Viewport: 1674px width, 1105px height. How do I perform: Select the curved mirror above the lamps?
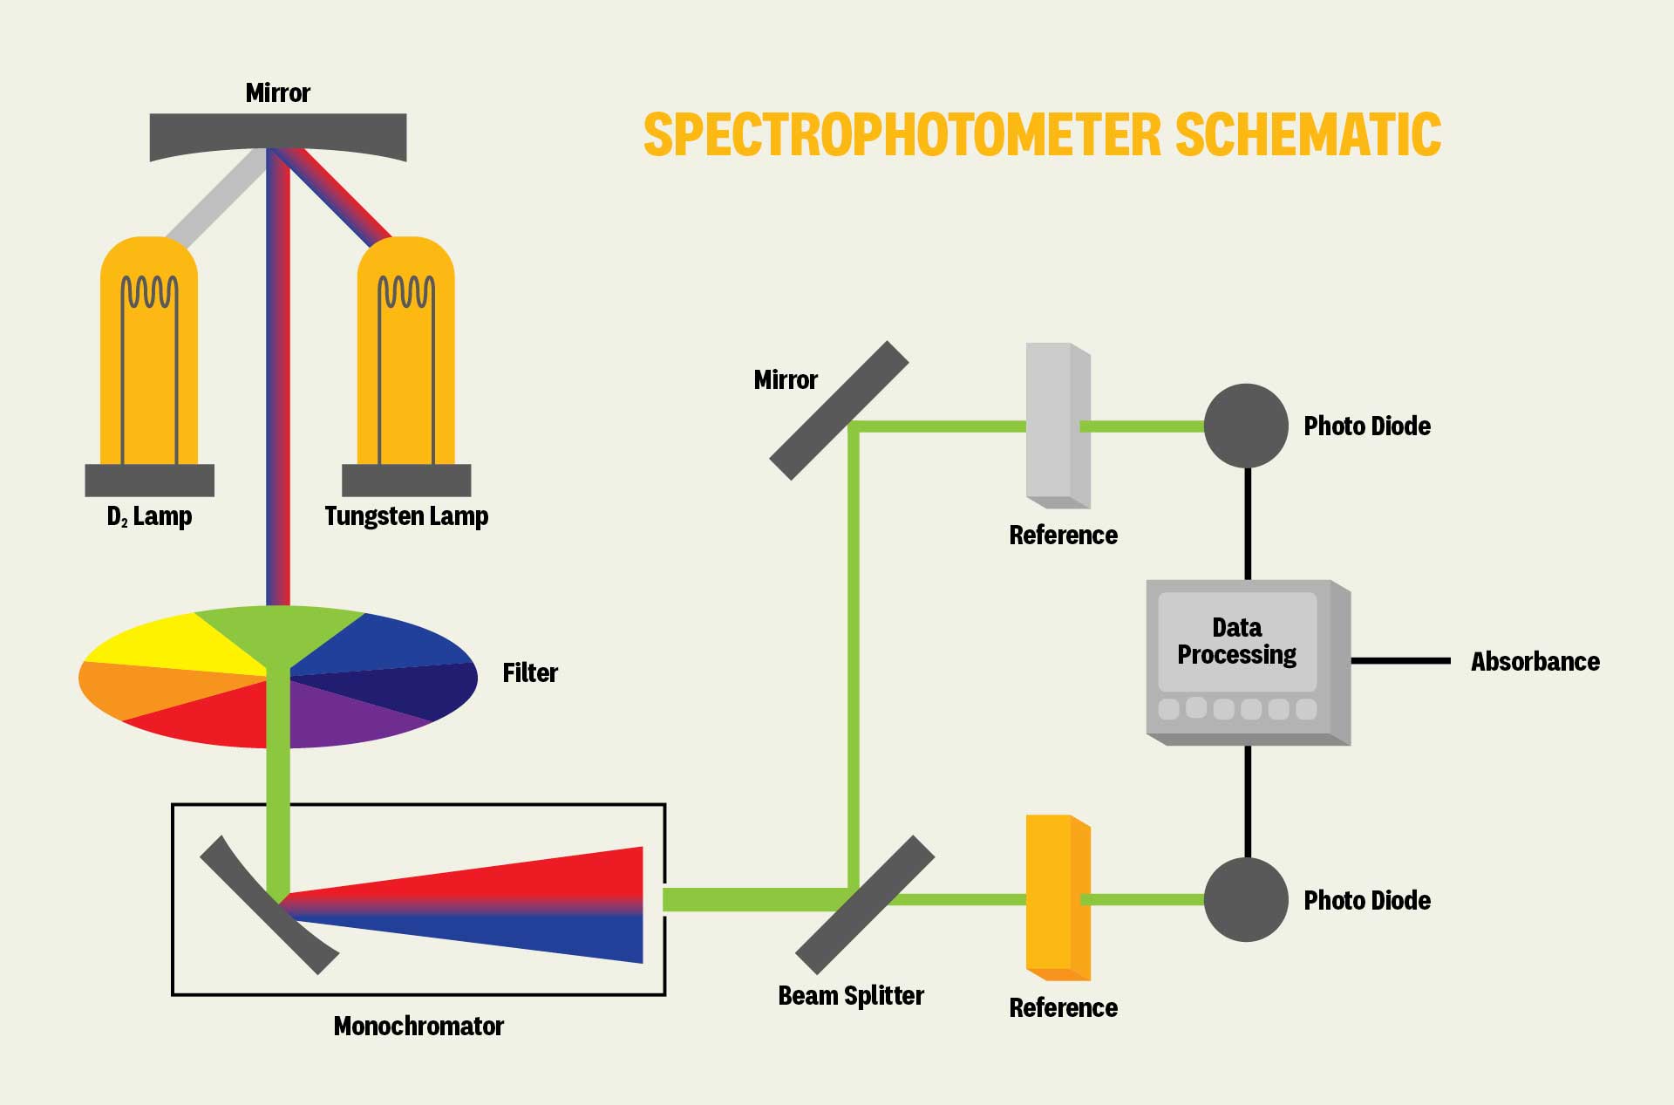click(x=277, y=135)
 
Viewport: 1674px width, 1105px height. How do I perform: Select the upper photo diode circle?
click(x=1246, y=426)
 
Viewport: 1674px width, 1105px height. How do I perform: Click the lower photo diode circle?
click(x=1246, y=899)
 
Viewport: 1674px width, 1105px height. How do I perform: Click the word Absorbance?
click(x=1534, y=662)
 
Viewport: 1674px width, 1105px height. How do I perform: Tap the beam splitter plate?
click(x=864, y=904)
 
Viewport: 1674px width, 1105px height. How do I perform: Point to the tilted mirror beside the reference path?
click(x=839, y=410)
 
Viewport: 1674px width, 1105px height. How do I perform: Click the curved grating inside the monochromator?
click(x=269, y=905)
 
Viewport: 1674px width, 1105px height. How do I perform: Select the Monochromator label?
click(x=418, y=1026)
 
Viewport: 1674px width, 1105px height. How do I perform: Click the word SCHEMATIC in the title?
click(x=1308, y=135)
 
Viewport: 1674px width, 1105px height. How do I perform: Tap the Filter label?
click(x=529, y=672)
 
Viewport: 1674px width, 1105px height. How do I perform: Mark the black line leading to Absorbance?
click(x=1400, y=661)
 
